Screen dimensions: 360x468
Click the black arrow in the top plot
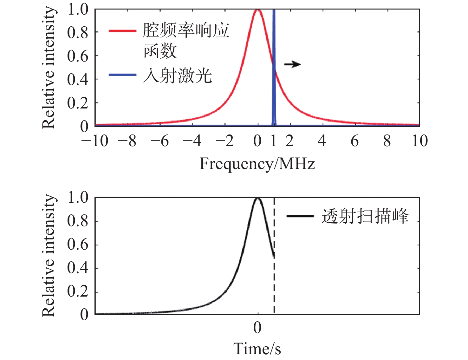292,64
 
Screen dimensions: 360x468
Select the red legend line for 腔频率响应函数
123,31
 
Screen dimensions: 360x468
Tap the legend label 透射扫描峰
365,217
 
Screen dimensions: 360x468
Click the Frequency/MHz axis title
257,164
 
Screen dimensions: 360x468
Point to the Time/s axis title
257,349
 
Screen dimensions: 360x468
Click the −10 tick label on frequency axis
95,141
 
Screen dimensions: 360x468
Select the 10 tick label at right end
419,141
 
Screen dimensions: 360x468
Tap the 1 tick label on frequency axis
274,141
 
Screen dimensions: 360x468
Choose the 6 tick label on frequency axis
355,141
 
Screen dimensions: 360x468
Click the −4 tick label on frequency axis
192,141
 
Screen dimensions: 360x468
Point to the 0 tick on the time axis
257,328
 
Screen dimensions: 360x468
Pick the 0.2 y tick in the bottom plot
77,292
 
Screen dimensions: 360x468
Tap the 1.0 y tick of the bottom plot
77,198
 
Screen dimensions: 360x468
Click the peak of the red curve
257,10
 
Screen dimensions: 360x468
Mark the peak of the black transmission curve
257,198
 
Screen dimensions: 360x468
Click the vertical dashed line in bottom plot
274,285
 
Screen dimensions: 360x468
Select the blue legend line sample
123,75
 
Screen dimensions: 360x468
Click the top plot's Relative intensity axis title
49,68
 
